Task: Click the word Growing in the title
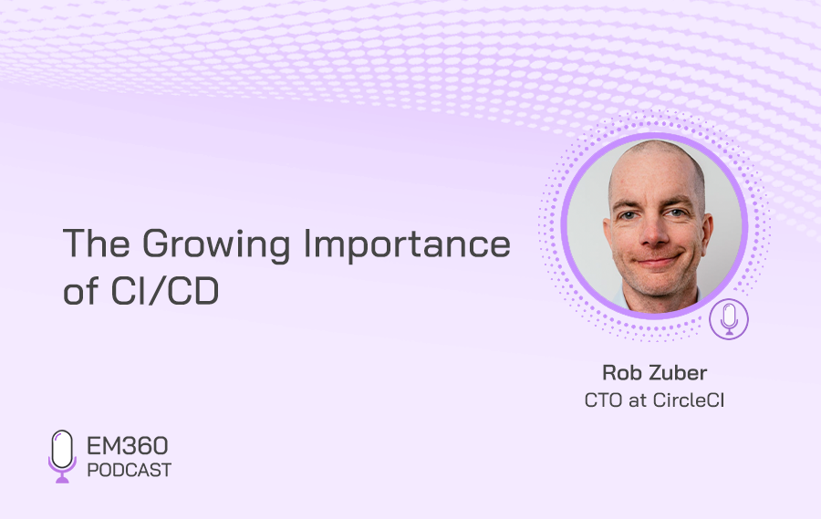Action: tap(216, 245)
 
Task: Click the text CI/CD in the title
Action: tap(165, 291)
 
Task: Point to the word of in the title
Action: tap(80, 291)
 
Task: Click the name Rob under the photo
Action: tap(620, 373)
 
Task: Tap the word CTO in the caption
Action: tap(603, 400)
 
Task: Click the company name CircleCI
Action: tap(689, 400)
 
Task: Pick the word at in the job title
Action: tap(638, 401)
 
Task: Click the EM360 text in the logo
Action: tap(127, 446)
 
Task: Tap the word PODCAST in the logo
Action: tap(130, 471)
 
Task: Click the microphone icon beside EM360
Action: tap(62, 456)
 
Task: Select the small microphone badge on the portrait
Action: tap(729, 319)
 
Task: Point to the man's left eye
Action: tap(676, 213)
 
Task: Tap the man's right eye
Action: tap(628, 214)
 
